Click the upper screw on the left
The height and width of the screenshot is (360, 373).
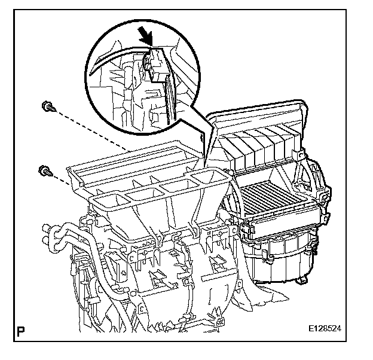(47, 107)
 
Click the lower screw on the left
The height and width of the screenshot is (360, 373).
(44, 171)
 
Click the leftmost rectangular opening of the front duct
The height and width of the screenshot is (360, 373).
(109, 200)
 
